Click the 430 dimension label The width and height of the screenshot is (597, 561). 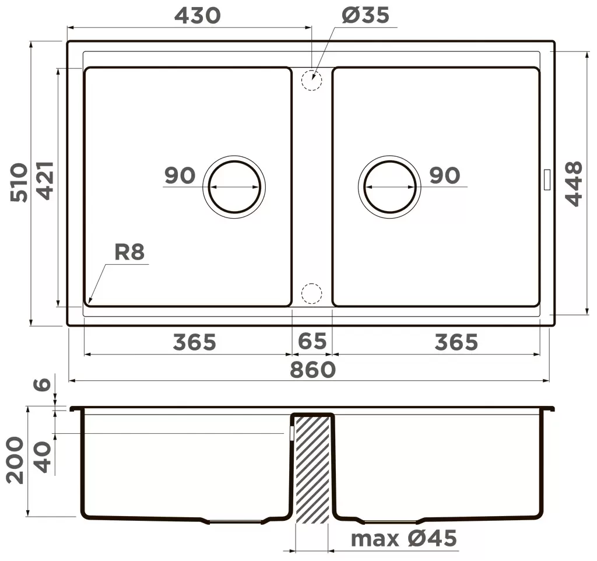197,16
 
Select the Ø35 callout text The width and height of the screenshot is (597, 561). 366,16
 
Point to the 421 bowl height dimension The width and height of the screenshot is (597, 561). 45,181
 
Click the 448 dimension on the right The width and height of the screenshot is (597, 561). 574,184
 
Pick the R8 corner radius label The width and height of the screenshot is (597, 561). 129,252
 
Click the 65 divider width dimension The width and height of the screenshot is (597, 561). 312,341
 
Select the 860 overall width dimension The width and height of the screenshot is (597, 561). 312,370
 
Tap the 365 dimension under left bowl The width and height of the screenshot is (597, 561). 194,342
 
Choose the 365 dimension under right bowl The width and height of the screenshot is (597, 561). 456,342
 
